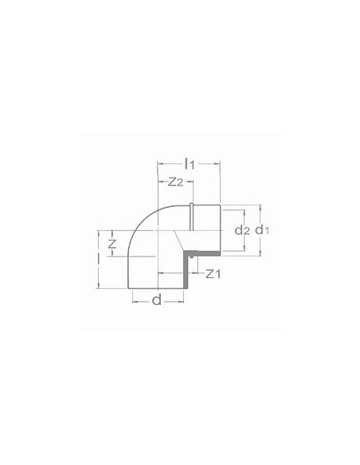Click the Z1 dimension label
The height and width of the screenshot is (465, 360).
(212, 275)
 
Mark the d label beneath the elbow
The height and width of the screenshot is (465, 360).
(156, 301)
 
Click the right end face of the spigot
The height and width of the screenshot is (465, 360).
(220, 231)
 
